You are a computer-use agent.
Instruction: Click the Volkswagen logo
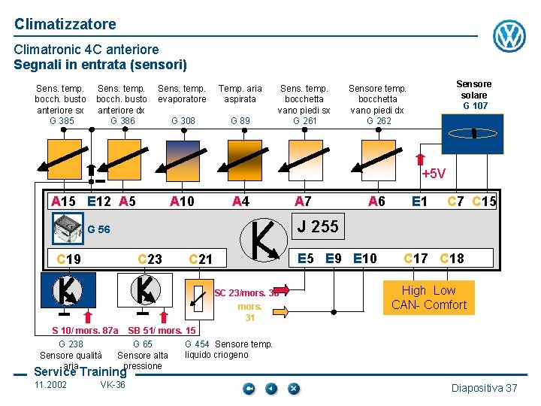click(509, 35)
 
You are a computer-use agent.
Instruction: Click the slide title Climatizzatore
click(65, 24)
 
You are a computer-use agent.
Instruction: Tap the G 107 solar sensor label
click(474, 106)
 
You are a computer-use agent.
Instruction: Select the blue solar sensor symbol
click(473, 134)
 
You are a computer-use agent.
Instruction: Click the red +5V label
click(434, 174)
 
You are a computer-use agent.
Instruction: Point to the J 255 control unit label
click(318, 226)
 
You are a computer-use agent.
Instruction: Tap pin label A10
click(182, 201)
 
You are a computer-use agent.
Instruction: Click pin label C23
click(150, 259)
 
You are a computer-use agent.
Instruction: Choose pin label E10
click(365, 259)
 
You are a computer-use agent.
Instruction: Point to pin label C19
click(69, 259)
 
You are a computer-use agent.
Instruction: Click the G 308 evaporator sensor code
click(183, 120)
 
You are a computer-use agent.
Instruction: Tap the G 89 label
click(240, 120)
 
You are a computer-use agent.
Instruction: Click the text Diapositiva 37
click(484, 388)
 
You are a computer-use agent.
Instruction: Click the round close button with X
click(293, 389)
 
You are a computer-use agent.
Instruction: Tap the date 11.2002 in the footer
click(50, 385)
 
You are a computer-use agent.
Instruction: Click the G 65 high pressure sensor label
click(143, 344)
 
